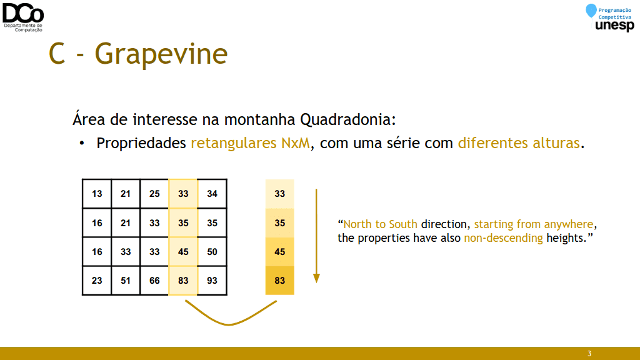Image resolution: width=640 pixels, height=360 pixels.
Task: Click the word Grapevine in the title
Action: tap(161, 54)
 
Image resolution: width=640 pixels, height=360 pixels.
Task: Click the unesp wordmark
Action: tap(615, 26)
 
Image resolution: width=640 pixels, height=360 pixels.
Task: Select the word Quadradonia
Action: tap(347, 119)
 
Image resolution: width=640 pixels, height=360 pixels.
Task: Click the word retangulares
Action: tap(234, 143)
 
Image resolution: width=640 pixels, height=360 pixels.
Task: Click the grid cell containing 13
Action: tap(97, 194)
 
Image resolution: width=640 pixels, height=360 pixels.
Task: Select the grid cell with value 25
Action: tap(154, 194)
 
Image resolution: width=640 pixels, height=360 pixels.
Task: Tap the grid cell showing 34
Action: tap(212, 194)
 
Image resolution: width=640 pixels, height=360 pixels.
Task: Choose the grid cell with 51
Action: tap(125, 281)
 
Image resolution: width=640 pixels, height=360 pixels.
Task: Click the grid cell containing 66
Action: tap(154, 281)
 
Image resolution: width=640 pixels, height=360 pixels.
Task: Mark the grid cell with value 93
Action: tap(212, 281)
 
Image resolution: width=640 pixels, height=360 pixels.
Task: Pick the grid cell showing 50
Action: tap(212, 252)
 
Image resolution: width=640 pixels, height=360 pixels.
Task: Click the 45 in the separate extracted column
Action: tap(279, 252)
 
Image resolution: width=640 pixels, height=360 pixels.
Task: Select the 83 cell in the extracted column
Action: tap(279, 281)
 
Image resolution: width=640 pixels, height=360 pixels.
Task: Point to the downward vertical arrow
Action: tap(316, 236)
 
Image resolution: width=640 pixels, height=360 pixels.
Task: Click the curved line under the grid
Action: tap(229, 324)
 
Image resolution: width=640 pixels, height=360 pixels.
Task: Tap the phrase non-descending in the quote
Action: tap(503, 238)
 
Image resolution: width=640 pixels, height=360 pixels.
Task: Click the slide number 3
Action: tap(589, 354)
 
